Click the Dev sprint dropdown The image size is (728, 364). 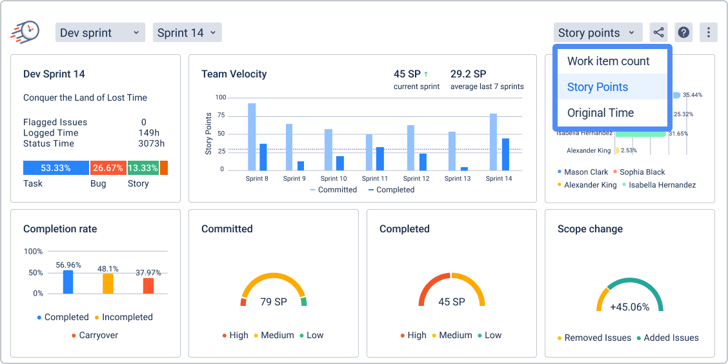click(100, 33)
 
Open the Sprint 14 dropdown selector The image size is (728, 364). click(187, 33)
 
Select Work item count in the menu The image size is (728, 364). click(608, 61)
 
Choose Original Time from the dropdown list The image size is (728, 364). click(600, 113)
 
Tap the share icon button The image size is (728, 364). click(658, 33)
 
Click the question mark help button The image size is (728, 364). click(683, 33)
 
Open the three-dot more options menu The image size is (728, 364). click(709, 33)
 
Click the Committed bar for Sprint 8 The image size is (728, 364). click(252, 136)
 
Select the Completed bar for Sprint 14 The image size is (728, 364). click(505, 154)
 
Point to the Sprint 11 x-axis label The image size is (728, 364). click(375, 179)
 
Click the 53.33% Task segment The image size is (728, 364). click(56, 168)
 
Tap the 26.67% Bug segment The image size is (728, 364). click(108, 168)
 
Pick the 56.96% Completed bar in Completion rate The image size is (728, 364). click(68, 282)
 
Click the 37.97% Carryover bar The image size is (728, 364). click(148, 286)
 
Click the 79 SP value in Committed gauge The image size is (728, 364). click(274, 301)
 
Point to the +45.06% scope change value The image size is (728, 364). click(629, 307)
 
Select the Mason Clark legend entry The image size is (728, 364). click(585, 172)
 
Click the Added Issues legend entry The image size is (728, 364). click(671, 338)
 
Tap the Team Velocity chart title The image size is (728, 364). click(234, 74)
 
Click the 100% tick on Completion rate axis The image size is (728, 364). click(33, 251)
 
